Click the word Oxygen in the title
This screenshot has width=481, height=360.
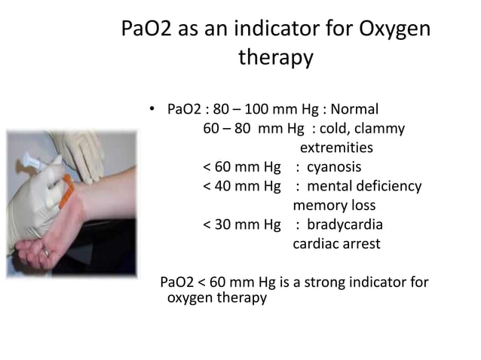(x=390, y=30)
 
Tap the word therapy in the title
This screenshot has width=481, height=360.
(x=275, y=58)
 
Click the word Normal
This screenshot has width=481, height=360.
(x=354, y=108)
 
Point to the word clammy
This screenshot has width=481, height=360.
(x=380, y=128)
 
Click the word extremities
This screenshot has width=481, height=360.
(x=336, y=147)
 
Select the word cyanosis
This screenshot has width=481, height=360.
(x=333, y=166)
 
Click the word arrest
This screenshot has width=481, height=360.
(x=359, y=244)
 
